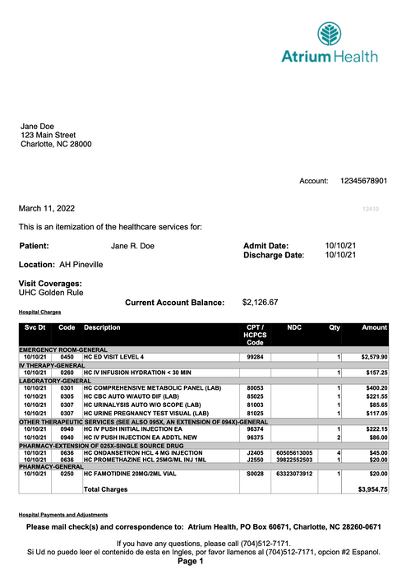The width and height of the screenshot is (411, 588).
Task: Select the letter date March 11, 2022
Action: (x=52, y=209)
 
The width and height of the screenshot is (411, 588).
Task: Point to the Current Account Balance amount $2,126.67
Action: (x=261, y=303)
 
